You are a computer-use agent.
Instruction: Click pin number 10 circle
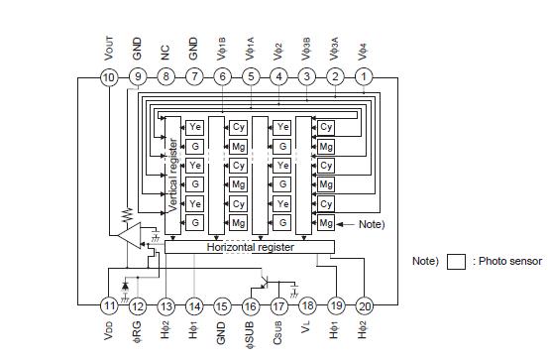(x=110, y=77)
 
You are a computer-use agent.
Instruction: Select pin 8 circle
(x=166, y=77)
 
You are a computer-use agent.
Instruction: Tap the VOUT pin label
(x=110, y=48)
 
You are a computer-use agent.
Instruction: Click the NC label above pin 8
(x=166, y=53)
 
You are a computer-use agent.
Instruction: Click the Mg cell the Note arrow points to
(x=326, y=224)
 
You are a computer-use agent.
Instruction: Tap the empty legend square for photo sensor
(x=456, y=262)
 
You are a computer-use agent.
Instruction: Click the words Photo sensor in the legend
(x=510, y=262)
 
